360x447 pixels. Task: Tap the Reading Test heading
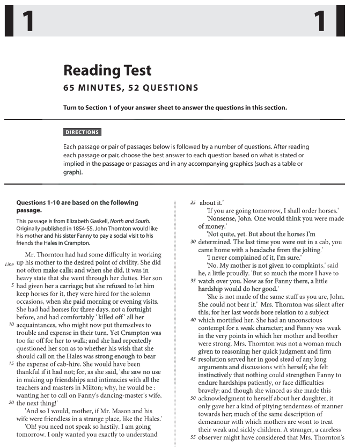click(107, 70)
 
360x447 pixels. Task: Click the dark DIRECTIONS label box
click(82, 133)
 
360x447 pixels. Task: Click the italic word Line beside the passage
click(9, 265)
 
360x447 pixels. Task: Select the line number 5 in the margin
click(12, 286)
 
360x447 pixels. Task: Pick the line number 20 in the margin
click(11, 402)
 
